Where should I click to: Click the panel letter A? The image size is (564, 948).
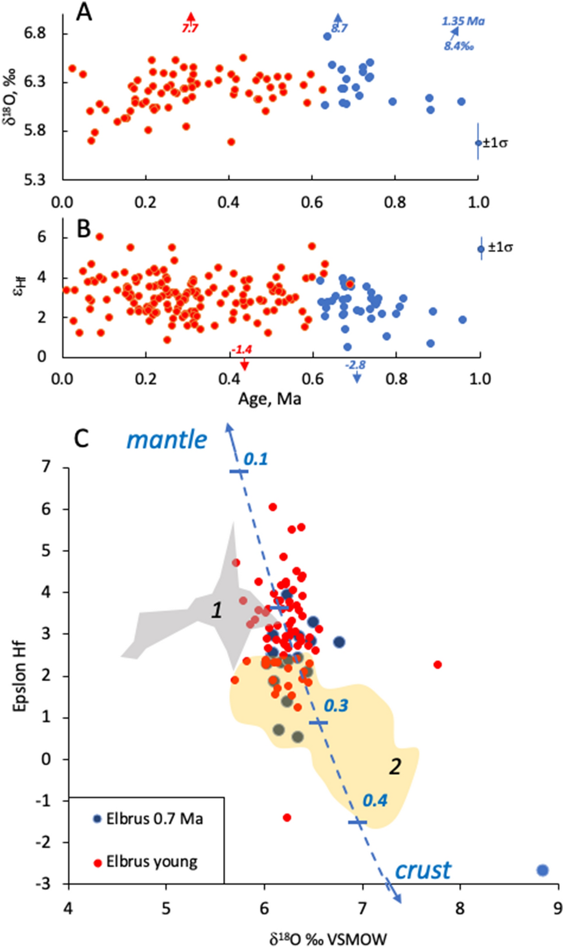tap(84, 12)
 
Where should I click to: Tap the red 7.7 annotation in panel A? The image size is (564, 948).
tap(190, 28)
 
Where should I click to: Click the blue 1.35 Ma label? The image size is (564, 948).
tap(463, 22)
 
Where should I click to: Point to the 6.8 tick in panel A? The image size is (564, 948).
tap(34, 33)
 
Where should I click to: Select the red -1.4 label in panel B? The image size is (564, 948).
tap(241, 349)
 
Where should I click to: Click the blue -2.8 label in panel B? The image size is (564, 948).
tap(355, 365)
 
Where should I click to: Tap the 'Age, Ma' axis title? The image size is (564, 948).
tap(269, 399)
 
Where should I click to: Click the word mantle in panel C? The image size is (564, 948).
tap(167, 440)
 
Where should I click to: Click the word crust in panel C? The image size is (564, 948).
tap(422, 871)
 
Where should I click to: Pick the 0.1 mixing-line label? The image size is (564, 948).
tap(255, 459)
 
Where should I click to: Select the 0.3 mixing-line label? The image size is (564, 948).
tap(336, 706)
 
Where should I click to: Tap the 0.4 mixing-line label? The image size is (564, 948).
tap(375, 801)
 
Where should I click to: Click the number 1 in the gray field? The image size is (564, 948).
tap(217, 610)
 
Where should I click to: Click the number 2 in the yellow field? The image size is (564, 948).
tap(395, 766)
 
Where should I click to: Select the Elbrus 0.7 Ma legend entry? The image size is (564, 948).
tap(149, 819)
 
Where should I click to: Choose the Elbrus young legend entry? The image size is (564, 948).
tap(146, 862)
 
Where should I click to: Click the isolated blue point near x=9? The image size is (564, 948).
tap(542, 870)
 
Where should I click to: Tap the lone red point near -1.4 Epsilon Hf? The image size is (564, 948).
tap(287, 818)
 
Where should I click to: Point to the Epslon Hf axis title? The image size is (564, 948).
tap(20, 677)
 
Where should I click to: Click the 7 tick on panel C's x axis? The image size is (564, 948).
tap(362, 908)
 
